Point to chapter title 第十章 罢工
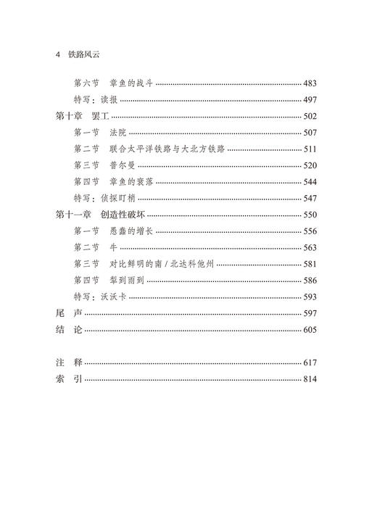(81, 116)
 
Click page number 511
(310, 149)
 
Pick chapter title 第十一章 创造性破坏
(100, 215)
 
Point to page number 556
(310, 231)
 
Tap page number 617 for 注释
(310, 363)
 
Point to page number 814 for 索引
(310, 379)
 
